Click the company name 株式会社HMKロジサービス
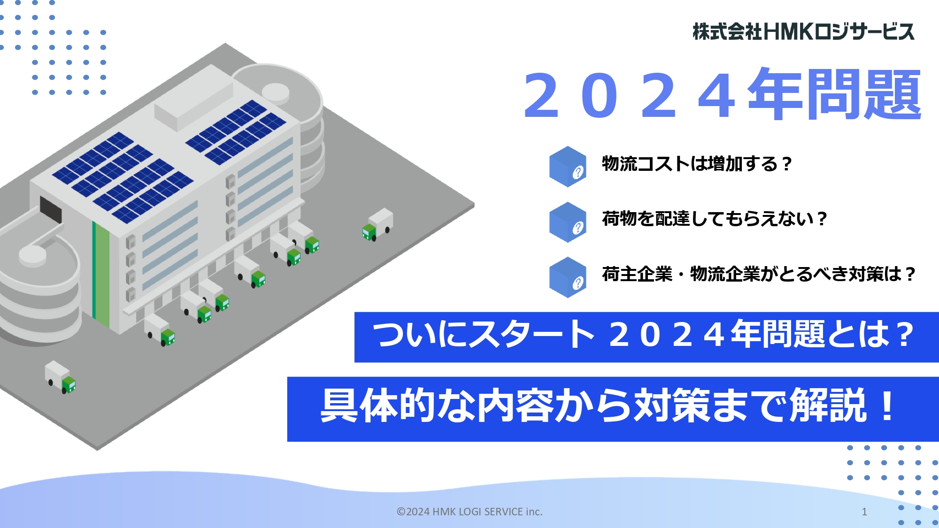pyautogui.click(x=803, y=31)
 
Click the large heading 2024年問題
pyautogui.click(x=722, y=95)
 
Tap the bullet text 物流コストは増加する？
pyautogui.click(x=697, y=164)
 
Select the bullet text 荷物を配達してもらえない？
pyautogui.click(x=714, y=219)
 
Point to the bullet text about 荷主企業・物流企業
pyautogui.click(x=759, y=274)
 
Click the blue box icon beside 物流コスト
pyautogui.click(x=568, y=167)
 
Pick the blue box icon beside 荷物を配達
pyautogui.click(x=568, y=222)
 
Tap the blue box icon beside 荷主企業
pyautogui.click(x=568, y=277)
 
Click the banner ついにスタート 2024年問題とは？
pyautogui.click(x=647, y=337)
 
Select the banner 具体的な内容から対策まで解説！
pyautogui.click(x=613, y=409)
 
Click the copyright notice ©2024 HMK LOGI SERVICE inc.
pyautogui.click(x=469, y=512)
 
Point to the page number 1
pyautogui.click(x=864, y=512)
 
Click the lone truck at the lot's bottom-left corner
pyautogui.click(x=60, y=377)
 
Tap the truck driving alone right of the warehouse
pyautogui.click(x=377, y=225)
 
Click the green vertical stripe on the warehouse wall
pyautogui.click(x=101, y=275)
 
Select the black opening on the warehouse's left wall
pyautogui.click(x=51, y=209)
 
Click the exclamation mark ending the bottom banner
pyautogui.click(x=887, y=406)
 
